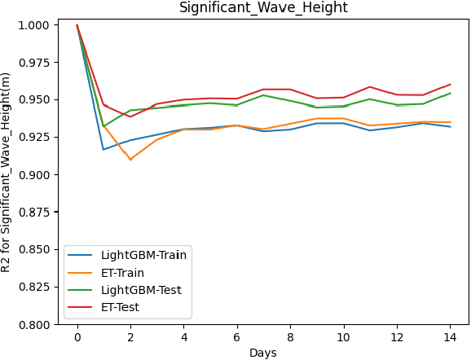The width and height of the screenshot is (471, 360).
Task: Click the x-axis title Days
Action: coord(262,353)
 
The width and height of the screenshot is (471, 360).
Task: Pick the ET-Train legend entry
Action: coord(124,272)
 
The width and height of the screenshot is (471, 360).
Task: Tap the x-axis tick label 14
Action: coord(450,336)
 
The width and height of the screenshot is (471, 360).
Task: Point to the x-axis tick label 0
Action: coord(77,336)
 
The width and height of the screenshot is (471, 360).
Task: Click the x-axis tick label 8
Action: coord(290,336)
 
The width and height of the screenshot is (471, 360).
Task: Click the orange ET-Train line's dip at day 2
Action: coord(130,160)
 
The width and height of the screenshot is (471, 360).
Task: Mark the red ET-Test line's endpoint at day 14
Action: coord(450,85)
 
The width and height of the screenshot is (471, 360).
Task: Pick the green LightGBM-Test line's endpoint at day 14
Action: coord(450,93)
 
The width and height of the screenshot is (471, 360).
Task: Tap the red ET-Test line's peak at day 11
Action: coord(370,87)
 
